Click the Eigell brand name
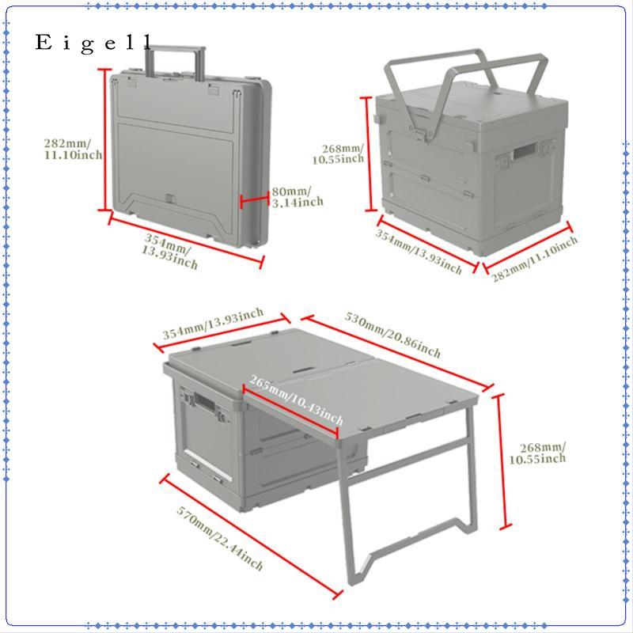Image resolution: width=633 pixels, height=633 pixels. (94, 44)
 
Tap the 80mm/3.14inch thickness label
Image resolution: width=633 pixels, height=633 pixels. (298, 196)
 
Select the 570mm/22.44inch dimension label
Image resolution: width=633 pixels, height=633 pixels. (220, 539)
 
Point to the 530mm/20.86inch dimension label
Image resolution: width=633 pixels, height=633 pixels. (392, 335)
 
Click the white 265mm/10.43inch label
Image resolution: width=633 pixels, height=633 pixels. (296, 400)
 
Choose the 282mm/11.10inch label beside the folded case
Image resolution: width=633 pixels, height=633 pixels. (73, 149)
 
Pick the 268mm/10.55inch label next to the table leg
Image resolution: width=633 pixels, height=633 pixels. (537, 453)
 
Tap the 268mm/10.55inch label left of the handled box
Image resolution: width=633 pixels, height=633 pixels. (339, 154)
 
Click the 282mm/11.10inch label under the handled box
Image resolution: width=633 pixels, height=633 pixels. (535, 260)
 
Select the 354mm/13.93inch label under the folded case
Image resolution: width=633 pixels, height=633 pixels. (170, 252)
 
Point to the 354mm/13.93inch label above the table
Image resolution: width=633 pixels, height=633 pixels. (213, 324)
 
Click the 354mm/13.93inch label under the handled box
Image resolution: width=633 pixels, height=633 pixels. (419, 252)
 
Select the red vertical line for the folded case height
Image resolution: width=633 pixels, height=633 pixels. (105, 140)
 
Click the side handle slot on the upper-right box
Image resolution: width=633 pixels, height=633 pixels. (525, 152)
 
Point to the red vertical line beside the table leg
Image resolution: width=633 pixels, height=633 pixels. (501, 461)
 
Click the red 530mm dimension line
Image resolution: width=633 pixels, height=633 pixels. (398, 352)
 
